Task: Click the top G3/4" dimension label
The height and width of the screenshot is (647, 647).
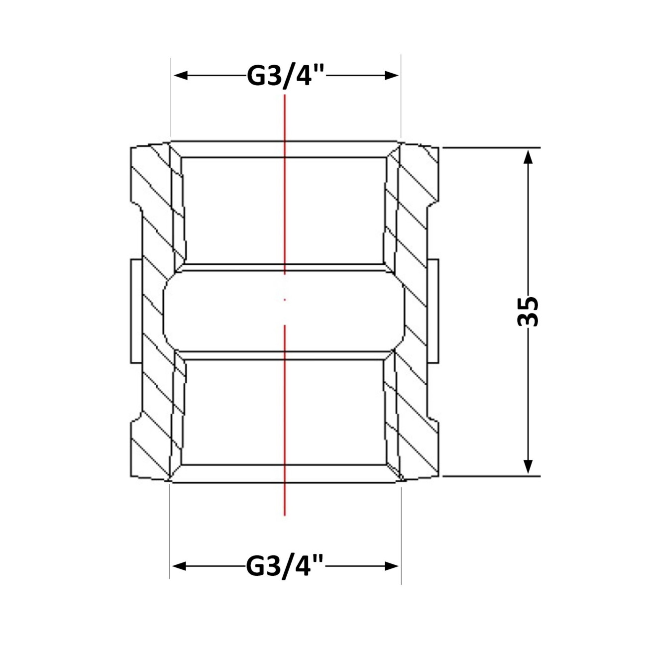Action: [285, 76]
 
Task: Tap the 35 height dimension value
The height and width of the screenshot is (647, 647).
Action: [528, 311]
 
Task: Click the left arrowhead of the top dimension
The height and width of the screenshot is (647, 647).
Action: [181, 76]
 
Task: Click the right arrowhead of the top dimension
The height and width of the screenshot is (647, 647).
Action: [392, 76]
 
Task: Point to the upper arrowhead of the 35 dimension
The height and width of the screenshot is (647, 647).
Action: [528, 157]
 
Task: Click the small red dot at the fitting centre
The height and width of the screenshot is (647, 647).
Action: [285, 300]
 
